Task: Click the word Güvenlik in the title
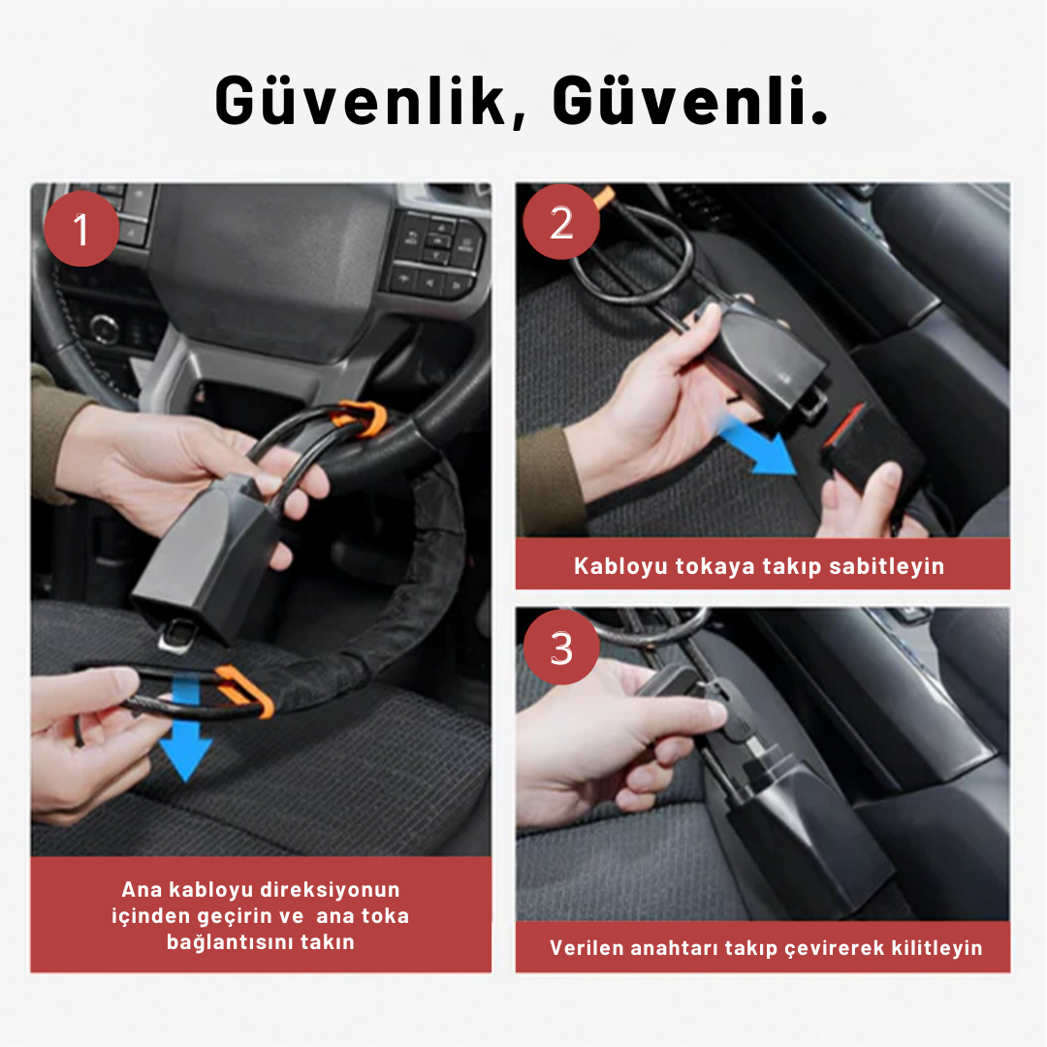point(361,100)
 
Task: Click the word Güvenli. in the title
point(690,100)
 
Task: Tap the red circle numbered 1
point(81,229)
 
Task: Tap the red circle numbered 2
point(561,222)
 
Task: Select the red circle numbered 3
point(561,647)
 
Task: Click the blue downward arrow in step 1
point(185,728)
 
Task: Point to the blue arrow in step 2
point(758,444)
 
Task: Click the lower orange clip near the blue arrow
point(244,691)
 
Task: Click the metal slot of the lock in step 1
point(174,633)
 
